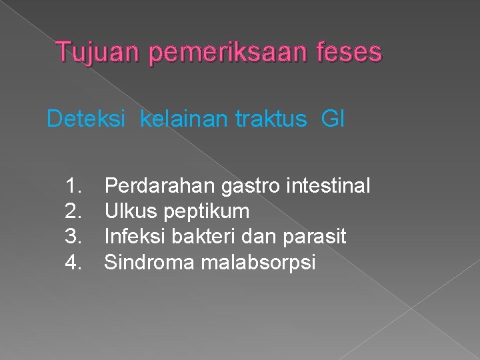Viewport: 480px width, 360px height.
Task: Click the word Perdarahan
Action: pos(160,186)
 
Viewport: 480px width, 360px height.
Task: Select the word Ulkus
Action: pos(129,212)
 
